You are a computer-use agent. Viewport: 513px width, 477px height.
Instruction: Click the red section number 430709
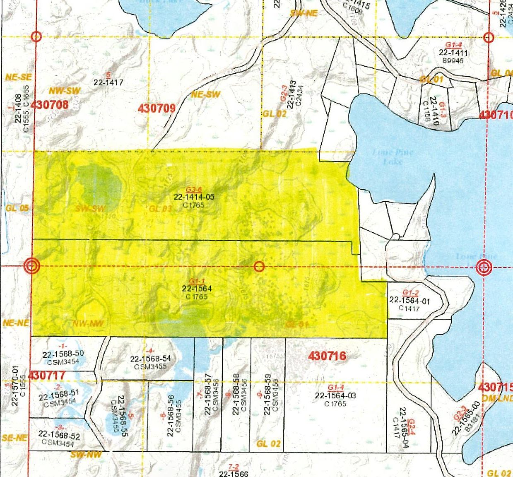point(156,108)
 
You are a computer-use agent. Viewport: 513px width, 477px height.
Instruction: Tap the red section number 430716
point(327,356)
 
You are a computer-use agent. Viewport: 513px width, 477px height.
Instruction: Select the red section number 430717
point(47,376)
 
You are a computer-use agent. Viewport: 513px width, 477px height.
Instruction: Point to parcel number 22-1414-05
point(194,197)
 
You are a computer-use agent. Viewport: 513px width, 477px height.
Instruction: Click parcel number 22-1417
point(108,82)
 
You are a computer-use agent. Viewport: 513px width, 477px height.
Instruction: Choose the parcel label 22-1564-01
point(409,301)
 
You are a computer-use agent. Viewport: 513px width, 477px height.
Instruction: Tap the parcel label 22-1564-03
point(335,395)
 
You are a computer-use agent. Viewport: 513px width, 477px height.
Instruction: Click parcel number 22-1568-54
point(150,359)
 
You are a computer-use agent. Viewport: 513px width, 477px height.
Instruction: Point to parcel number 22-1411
point(453,53)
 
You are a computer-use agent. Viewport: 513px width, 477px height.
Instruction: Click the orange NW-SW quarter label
point(65,91)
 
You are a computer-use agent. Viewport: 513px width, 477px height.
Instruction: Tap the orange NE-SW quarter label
point(205,94)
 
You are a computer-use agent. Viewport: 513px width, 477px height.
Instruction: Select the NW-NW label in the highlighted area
point(87,323)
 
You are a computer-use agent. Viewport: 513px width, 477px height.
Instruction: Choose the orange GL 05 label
point(17,208)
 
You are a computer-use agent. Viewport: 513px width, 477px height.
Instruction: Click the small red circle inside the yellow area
point(259,266)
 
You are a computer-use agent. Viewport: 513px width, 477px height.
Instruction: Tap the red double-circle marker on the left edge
point(32,266)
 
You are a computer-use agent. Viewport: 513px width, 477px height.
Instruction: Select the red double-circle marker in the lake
point(483,267)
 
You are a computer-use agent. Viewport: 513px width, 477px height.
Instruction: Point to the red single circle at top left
point(37,37)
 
